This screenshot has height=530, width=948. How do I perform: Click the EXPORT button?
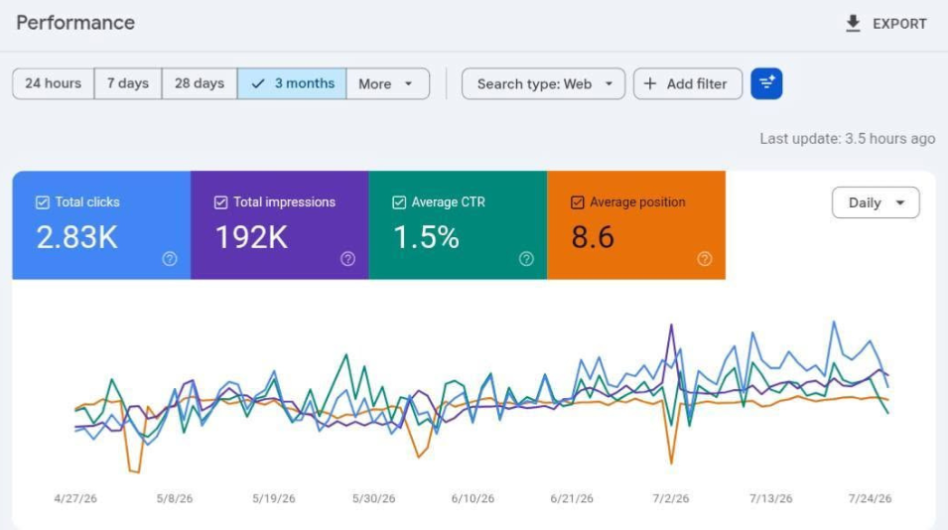coord(885,24)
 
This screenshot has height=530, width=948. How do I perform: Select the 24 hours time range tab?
coord(54,83)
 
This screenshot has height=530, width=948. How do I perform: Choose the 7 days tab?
coord(128,83)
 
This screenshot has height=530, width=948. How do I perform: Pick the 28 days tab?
coord(200,83)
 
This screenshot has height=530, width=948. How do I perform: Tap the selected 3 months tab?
coord(292,83)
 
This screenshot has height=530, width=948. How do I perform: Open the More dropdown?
coord(387,83)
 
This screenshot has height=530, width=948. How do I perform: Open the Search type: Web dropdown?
coord(544,83)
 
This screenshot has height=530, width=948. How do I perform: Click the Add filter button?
coord(687,83)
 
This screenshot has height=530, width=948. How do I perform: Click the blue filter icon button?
coord(766,83)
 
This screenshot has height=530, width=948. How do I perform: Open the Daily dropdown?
coord(876,202)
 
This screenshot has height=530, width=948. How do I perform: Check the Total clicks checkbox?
coord(43,202)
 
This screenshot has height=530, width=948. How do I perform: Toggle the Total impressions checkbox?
coord(220,202)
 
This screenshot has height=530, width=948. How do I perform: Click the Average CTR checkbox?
coord(399,202)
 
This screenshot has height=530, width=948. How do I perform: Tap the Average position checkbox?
coord(578,202)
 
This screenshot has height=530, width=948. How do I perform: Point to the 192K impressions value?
coord(251,237)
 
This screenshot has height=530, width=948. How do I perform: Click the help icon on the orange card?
coord(705,259)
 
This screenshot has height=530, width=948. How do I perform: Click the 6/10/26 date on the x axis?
coord(473,498)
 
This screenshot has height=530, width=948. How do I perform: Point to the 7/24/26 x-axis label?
coord(870,498)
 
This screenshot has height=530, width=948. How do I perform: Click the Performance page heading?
coord(75,23)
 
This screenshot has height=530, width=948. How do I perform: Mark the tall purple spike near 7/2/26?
coord(671,327)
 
